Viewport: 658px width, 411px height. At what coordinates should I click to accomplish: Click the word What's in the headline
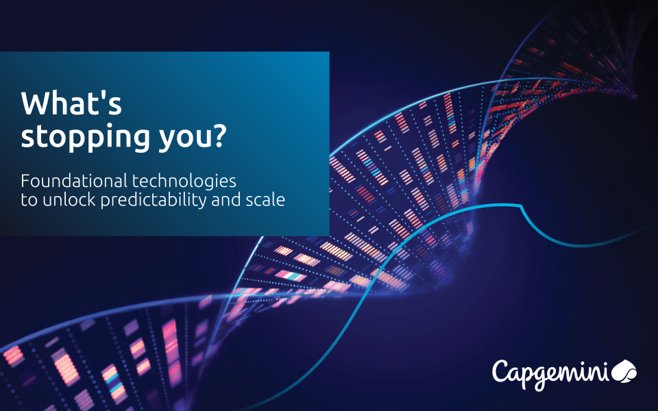[x=71, y=103]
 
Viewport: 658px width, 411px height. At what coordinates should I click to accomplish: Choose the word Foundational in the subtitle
[x=74, y=181]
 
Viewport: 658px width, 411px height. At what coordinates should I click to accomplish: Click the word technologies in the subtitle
[x=184, y=182]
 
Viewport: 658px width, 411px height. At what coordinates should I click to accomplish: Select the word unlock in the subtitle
[x=69, y=199]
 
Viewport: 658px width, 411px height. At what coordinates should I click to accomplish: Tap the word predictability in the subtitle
[x=154, y=201]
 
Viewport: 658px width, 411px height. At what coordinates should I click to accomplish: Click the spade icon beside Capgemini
[x=624, y=371]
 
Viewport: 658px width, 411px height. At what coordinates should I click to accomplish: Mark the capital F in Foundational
[x=25, y=182]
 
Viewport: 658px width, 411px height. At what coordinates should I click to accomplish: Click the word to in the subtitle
[x=29, y=200]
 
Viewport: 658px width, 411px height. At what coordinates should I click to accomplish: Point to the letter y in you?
[x=167, y=141]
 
